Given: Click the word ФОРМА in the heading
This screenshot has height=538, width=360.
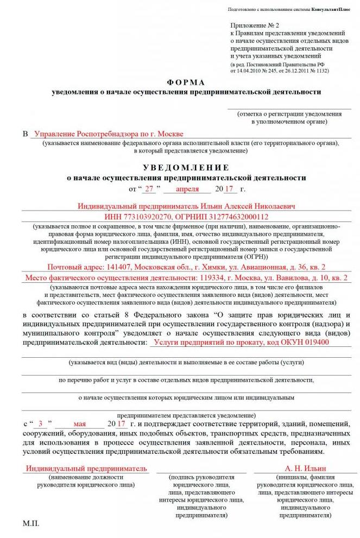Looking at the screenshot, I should (x=186, y=83).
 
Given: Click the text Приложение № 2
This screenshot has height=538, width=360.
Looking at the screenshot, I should (x=254, y=26).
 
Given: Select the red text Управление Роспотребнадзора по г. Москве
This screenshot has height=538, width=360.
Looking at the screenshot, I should (x=109, y=134).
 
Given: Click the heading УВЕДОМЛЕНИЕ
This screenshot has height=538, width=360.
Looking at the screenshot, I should (x=186, y=167).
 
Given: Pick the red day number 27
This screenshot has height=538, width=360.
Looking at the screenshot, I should (x=149, y=189).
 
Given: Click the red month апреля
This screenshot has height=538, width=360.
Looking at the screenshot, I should (x=187, y=189).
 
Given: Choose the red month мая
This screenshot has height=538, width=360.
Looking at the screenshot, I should (x=80, y=423).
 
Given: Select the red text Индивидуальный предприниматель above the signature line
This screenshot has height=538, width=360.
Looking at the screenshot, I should (x=87, y=468).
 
